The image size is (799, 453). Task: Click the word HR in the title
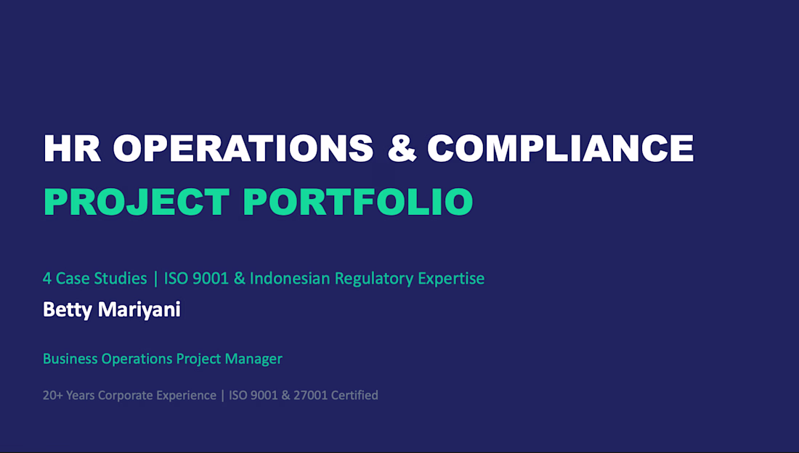pos(72,148)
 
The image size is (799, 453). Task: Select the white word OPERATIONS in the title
pos(243,148)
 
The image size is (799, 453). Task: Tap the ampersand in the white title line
pos(402,148)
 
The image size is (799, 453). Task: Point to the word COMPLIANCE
pos(561,148)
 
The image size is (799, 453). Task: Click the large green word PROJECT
pos(137,202)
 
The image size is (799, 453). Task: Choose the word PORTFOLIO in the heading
pos(358,202)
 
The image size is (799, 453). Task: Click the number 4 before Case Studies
pos(47,278)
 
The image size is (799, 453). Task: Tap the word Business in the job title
pos(70,359)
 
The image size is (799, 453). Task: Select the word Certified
pos(354,396)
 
